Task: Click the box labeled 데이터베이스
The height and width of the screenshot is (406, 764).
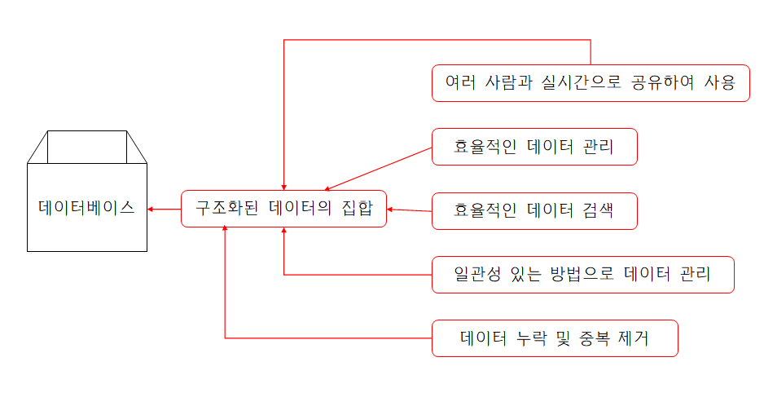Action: pyautogui.click(x=87, y=207)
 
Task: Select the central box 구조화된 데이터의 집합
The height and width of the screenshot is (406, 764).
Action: pyautogui.click(x=283, y=209)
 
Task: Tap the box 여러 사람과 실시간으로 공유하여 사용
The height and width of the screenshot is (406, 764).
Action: pyautogui.click(x=591, y=83)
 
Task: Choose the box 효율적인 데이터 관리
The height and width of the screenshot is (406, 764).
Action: pyautogui.click(x=533, y=147)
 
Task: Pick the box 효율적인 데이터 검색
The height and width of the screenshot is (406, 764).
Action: pyautogui.click(x=533, y=210)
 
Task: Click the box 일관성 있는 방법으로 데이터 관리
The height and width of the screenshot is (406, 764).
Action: pyautogui.click(x=582, y=274)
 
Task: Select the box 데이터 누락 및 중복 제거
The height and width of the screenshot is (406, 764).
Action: pyautogui.click(x=555, y=338)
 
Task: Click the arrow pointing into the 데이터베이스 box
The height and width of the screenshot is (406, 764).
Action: pyautogui.click(x=163, y=209)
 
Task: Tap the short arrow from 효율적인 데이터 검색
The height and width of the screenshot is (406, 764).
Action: pyautogui.click(x=409, y=210)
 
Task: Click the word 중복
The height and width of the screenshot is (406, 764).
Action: pyautogui.click(x=602, y=338)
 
